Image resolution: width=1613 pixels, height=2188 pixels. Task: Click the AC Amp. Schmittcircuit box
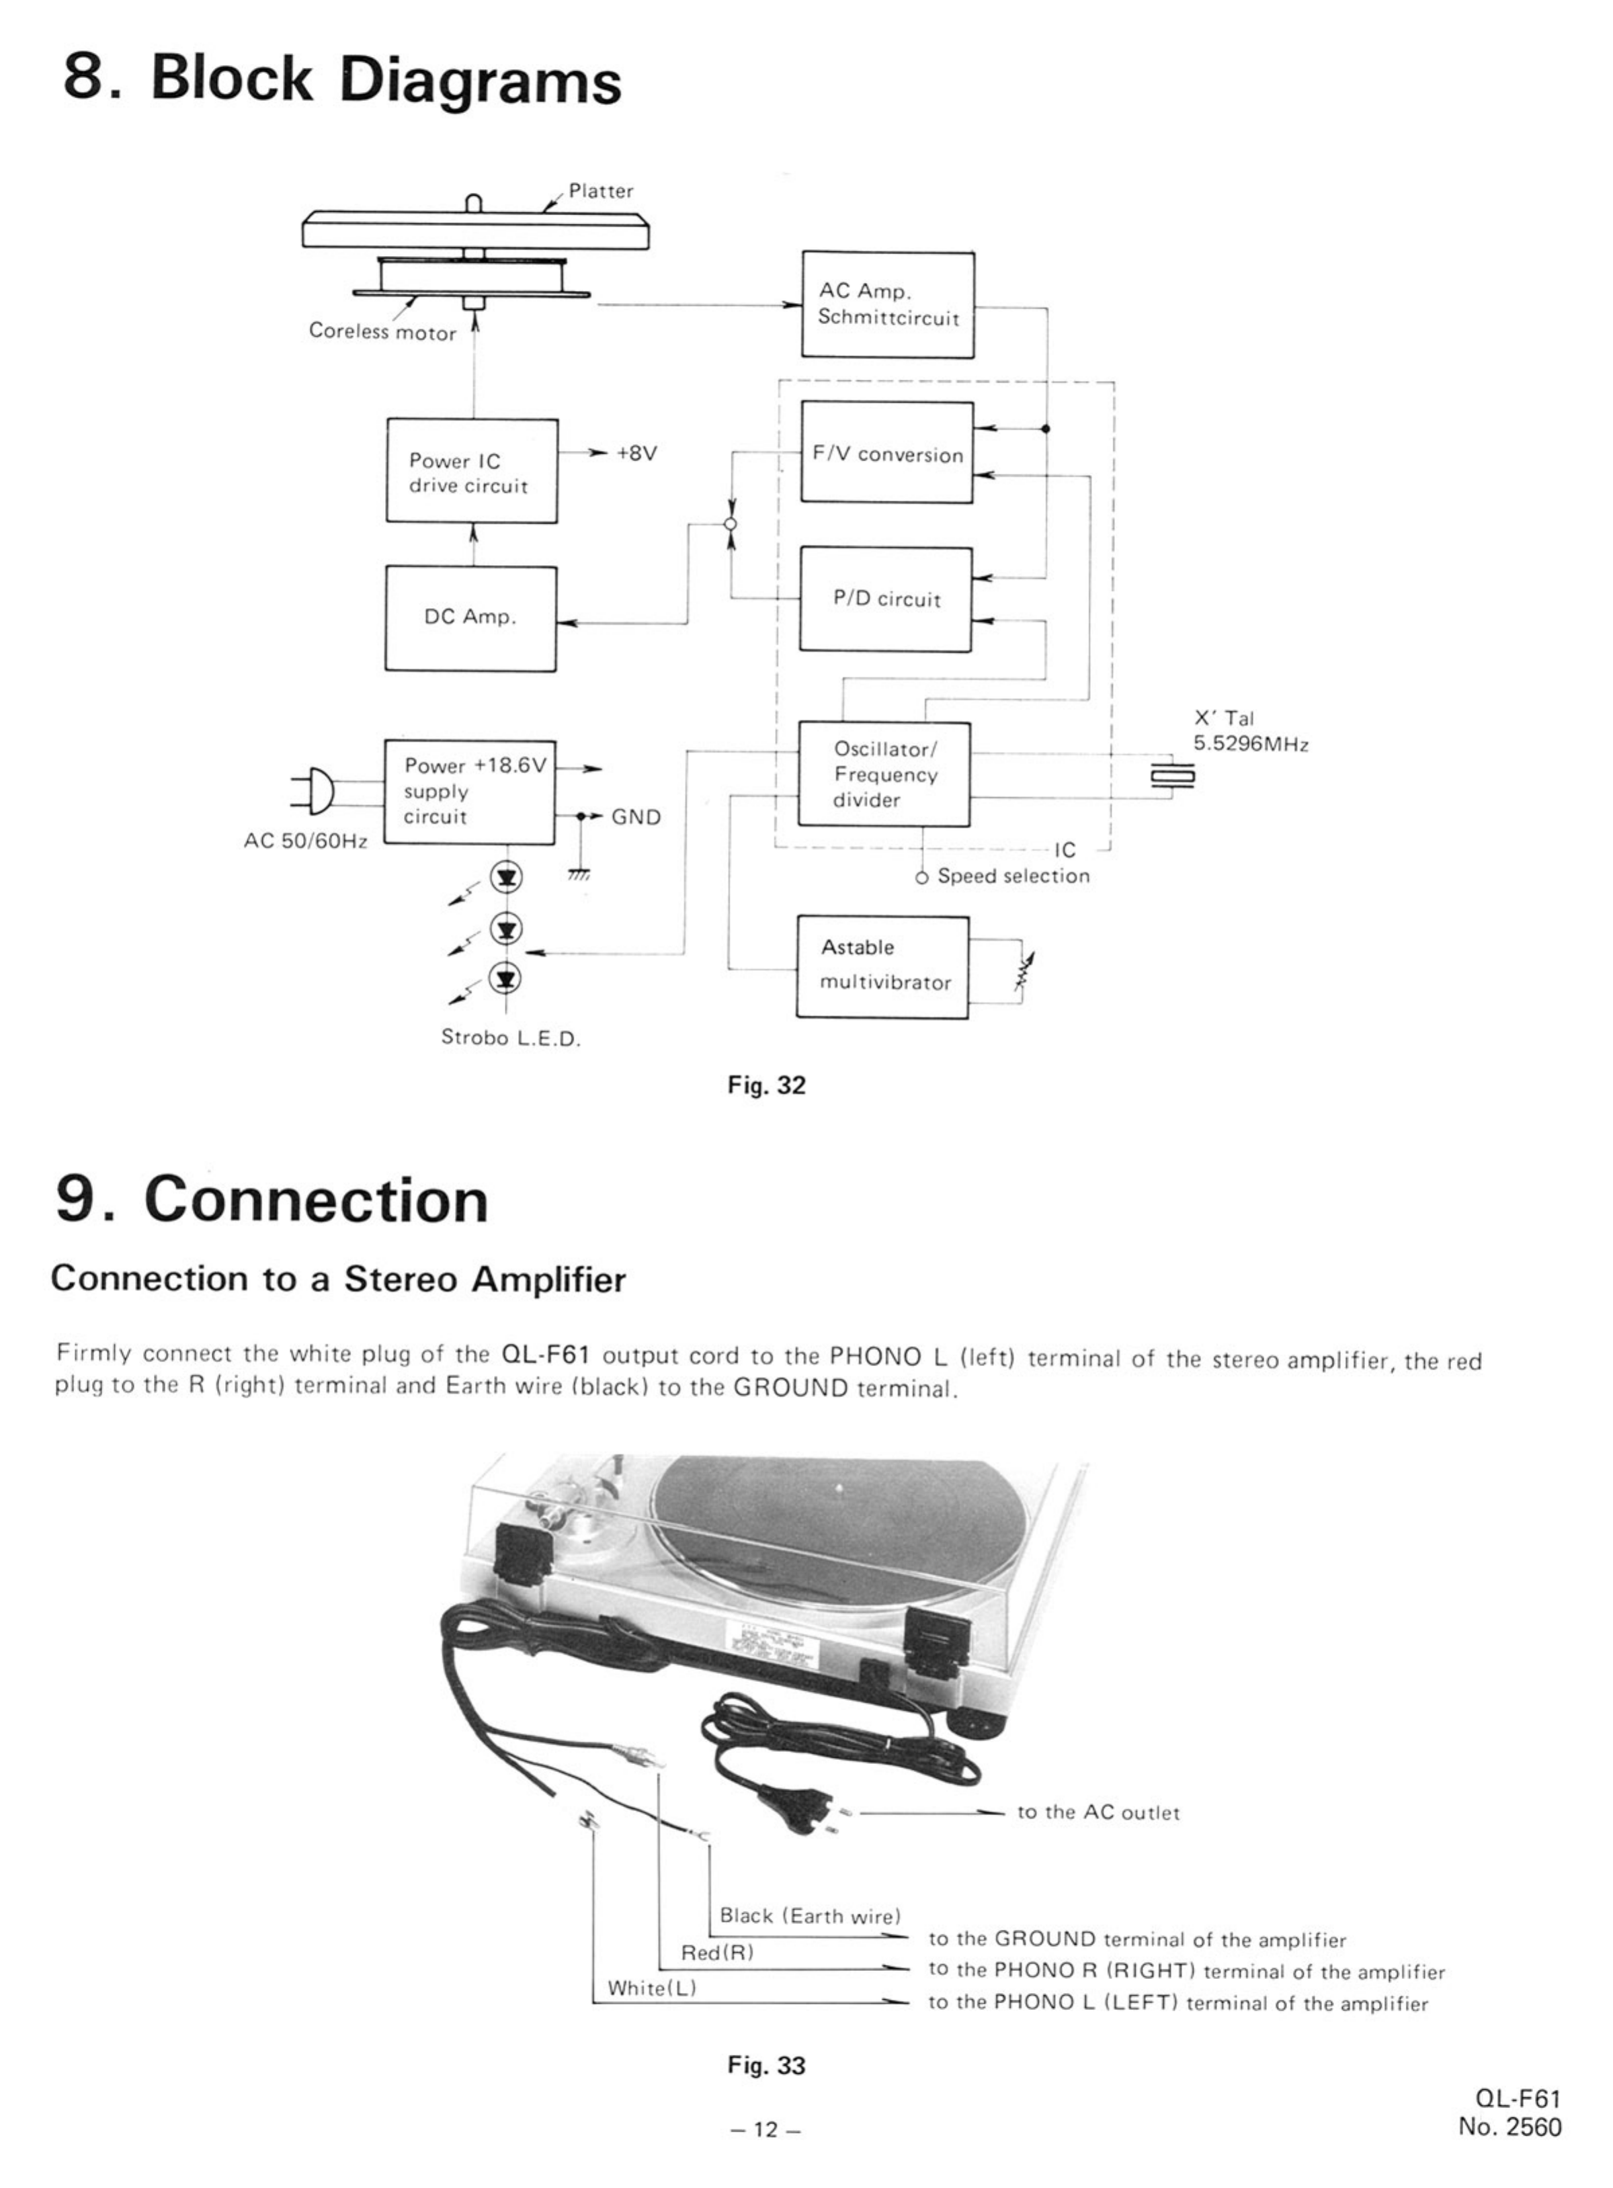(x=888, y=304)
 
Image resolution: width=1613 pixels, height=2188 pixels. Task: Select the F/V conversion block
(x=886, y=452)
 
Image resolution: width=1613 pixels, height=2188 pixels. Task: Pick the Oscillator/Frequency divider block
(x=884, y=774)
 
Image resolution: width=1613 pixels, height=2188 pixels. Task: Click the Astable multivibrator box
(x=882, y=966)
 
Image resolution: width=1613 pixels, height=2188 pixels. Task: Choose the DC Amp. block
(x=470, y=618)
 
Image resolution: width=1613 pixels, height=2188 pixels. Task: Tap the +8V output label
(x=636, y=453)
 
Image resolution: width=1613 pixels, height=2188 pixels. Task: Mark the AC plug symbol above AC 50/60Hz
(x=315, y=791)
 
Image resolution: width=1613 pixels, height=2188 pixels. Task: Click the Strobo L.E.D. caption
(x=511, y=1038)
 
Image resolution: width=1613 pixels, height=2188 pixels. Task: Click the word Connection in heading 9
(x=317, y=1200)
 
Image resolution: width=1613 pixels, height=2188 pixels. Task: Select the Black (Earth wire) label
(x=809, y=1916)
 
